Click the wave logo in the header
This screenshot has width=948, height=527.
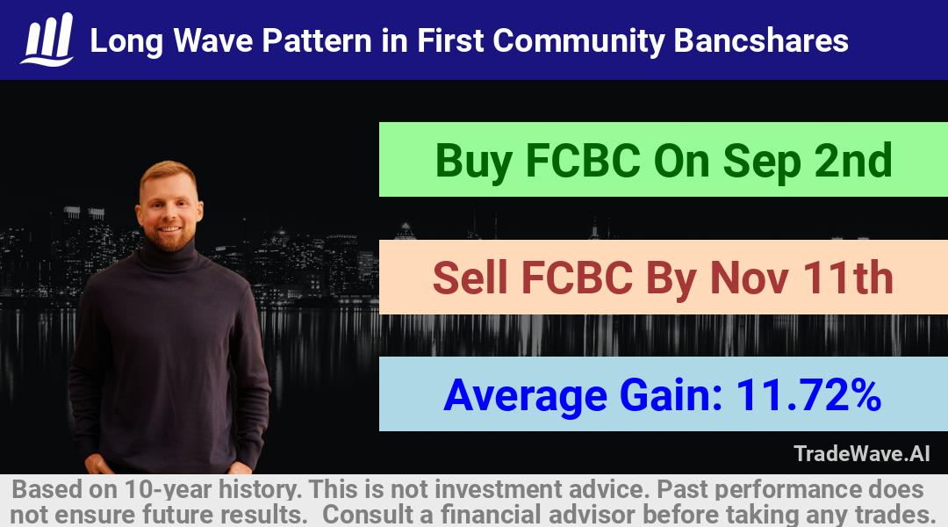tap(47, 40)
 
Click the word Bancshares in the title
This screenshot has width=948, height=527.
tap(760, 41)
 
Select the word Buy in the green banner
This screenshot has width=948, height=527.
tap(474, 162)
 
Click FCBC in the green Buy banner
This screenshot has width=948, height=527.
tap(583, 160)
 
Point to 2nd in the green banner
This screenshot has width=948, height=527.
tap(852, 160)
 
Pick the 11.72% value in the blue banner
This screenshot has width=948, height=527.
tap(808, 395)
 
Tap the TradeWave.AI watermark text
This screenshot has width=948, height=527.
tap(862, 453)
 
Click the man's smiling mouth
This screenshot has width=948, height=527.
tap(169, 229)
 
